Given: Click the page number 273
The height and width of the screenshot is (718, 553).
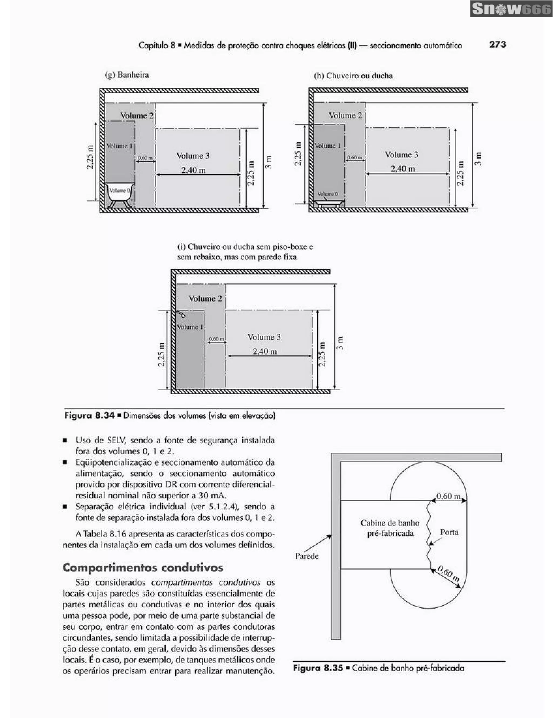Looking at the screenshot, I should point(497,44).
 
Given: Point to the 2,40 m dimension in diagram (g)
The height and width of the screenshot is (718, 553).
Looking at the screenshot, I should point(193,170).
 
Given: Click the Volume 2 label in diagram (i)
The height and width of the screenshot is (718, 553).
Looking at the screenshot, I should point(205,299).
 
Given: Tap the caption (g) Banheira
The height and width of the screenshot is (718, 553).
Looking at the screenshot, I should point(127,75).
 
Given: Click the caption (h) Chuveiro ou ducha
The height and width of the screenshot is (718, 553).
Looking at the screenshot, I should point(353,76).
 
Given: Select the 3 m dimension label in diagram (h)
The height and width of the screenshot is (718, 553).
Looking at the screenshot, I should point(479,159).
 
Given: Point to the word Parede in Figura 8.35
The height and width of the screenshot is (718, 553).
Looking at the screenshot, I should point(307,556).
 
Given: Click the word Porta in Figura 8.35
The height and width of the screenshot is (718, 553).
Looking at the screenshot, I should point(449,532).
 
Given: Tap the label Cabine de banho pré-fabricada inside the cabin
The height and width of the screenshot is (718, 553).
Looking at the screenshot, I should point(390,528).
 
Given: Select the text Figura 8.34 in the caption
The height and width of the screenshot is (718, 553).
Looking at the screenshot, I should point(89,415).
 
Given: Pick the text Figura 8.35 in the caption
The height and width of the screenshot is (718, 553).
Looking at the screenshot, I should point(318,668).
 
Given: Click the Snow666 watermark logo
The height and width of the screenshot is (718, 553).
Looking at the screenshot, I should point(511,9).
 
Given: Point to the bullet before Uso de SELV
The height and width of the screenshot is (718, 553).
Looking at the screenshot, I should point(65,440).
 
